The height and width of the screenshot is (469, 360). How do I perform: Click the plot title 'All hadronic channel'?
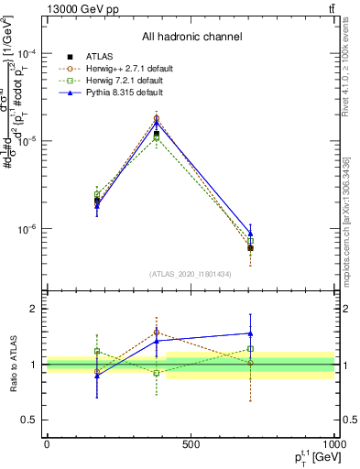pos(191,37)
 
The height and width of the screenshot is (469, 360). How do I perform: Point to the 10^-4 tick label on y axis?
pos(29,53)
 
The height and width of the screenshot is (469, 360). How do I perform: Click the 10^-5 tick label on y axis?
pos(29,141)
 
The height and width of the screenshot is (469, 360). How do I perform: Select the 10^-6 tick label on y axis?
pos(29,229)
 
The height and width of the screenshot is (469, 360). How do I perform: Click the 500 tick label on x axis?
pos(191,443)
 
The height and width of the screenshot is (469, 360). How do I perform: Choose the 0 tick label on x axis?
pos(47,443)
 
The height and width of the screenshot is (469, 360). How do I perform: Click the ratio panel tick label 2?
pos(35,309)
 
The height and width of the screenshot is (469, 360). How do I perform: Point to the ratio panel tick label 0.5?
pos(32,420)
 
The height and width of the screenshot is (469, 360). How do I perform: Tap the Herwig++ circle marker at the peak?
pos(157,118)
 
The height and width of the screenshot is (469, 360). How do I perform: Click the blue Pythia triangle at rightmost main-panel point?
pos(250,234)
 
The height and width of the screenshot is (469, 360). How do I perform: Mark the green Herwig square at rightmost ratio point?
pos(250,348)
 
